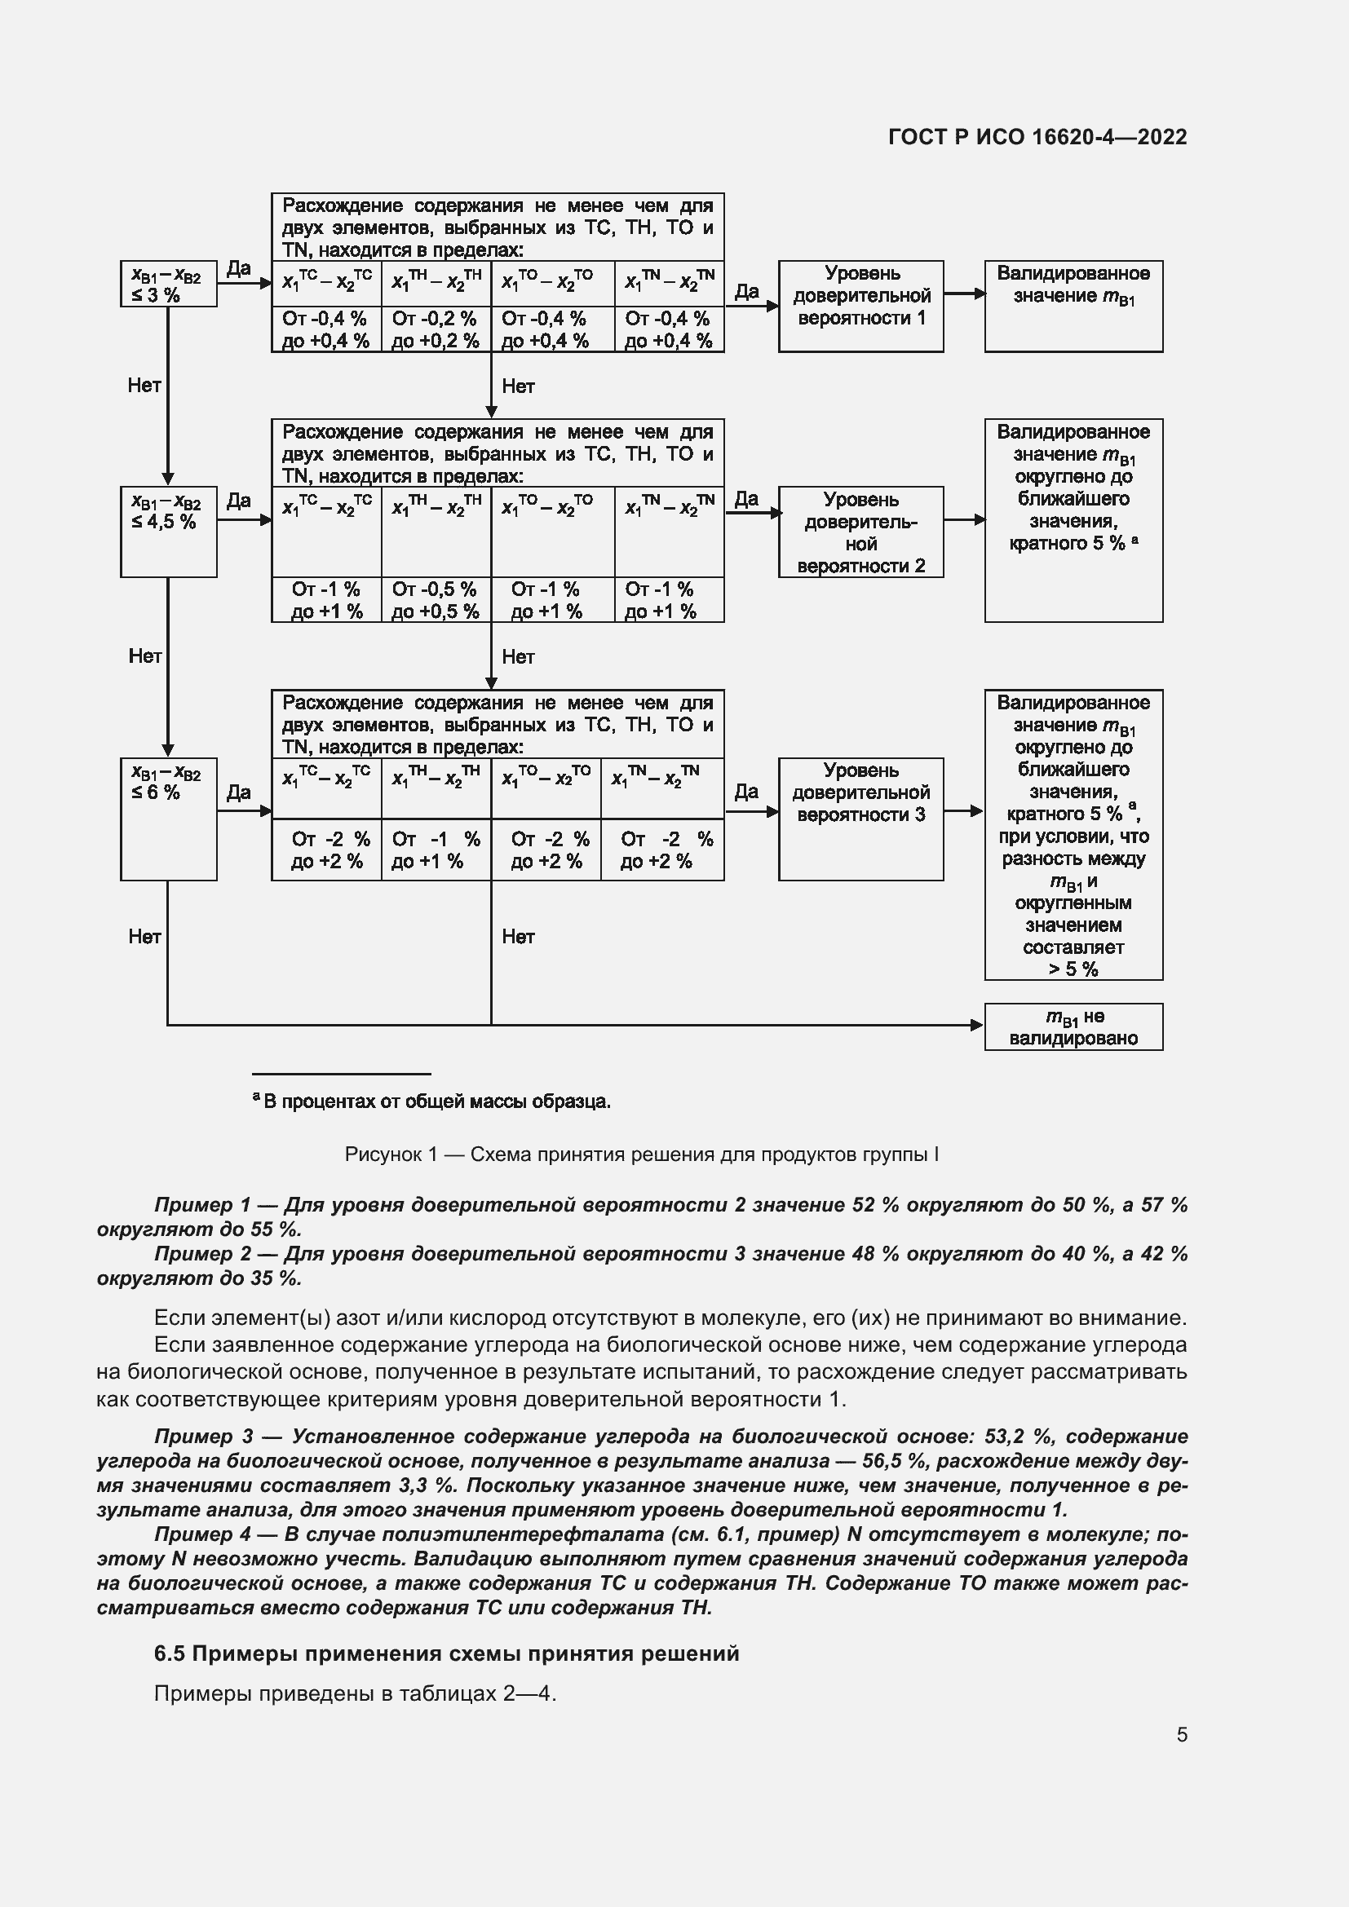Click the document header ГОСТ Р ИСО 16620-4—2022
(1037, 137)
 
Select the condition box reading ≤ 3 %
(168, 284)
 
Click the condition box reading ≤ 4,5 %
(168, 531)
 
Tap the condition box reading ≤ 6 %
(168, 817)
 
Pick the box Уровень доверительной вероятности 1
(860, 305)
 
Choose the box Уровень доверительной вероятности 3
(860, 817)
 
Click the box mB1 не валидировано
(1073, 1026)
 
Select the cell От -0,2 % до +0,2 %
(436, 329)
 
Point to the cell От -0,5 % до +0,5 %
(436, 600)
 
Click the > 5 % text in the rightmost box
(1073, 969)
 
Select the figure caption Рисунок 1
(641, 1154)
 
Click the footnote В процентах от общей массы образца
(436, 1101)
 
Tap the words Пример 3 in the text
(204, 1436)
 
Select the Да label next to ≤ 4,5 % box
(238, 501)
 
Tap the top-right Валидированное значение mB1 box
(1073, 305)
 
